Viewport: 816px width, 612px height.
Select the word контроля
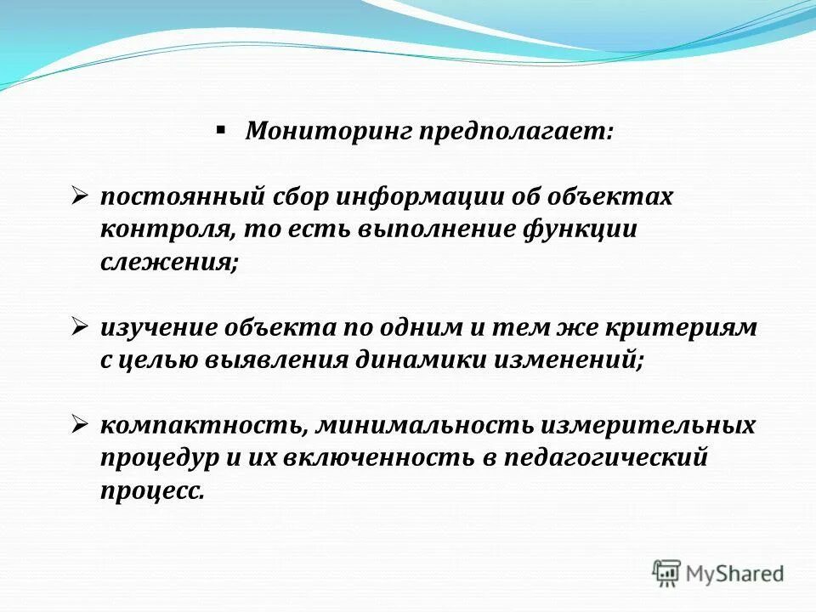click(x=165, y=230)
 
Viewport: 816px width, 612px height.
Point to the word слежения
click(x=167, y=263)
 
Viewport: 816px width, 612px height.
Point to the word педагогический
click(x=607, y=457)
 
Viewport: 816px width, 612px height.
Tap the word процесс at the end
click(x=150, y=490)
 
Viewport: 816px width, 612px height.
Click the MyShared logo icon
click(x=666, y=572)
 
